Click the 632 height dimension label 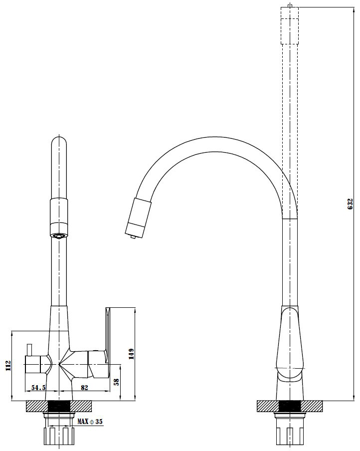350,204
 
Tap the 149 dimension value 132,354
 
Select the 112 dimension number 8,366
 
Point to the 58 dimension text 116,382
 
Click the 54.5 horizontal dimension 38,388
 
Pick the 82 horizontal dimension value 84,388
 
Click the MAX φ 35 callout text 90,422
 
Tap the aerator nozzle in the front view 59,230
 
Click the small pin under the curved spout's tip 133,236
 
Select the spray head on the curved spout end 139,218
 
